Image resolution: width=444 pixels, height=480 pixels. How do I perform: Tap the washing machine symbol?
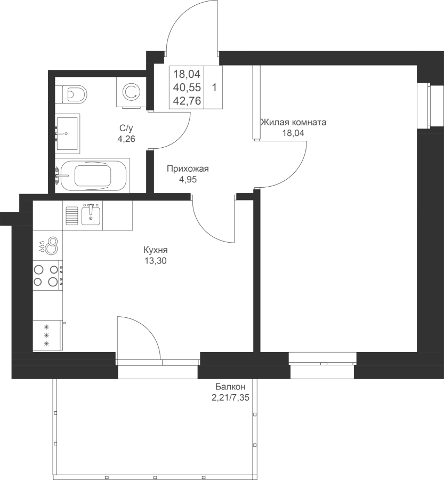coord(131,92)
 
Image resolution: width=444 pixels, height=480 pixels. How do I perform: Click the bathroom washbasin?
coord(67,133)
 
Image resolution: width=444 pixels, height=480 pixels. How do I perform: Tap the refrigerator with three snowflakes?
coord(48,335)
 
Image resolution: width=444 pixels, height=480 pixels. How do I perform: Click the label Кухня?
coord(156,250)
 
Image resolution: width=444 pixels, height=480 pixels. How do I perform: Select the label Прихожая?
coord(188,169)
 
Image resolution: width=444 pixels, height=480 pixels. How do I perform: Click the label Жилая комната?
coord(293,123)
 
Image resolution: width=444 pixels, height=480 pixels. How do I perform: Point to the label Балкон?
coord(230,386)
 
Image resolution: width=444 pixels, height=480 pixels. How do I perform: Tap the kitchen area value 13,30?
coord(156,261)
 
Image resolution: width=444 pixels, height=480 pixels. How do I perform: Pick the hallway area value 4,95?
coord(188,179)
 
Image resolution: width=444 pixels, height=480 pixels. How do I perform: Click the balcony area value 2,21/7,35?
coord(230,398)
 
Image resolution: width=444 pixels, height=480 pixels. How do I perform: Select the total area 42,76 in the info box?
coord(187,100)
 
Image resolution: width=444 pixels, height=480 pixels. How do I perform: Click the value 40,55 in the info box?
coord(187,87)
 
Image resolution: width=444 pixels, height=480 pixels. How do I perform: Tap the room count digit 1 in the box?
coord(214,88)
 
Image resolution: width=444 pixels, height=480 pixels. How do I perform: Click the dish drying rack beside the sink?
coord(72,215)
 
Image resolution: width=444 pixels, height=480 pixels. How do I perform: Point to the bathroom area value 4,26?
coord(126,139)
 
